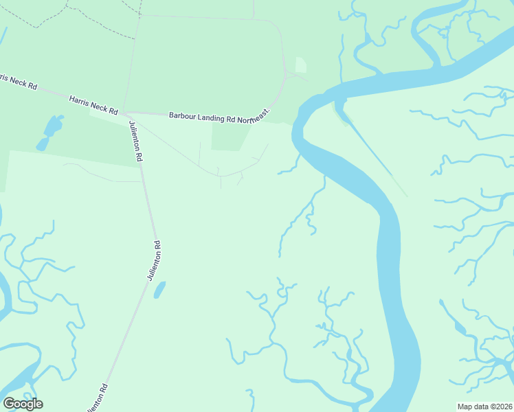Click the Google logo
[23, 404]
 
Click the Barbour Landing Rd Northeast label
[221, 117]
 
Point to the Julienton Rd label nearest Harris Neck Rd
[135, 141]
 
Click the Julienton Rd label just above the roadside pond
[154, 260]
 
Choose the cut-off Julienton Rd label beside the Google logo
[98, 398]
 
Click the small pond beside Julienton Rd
[159, 290]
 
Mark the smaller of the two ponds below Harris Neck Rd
[43, 144]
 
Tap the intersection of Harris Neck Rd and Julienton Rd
[124, 113]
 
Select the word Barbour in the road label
[183, 116]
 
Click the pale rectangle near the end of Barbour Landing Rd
[301, 65]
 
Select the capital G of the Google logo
[9, 404]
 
